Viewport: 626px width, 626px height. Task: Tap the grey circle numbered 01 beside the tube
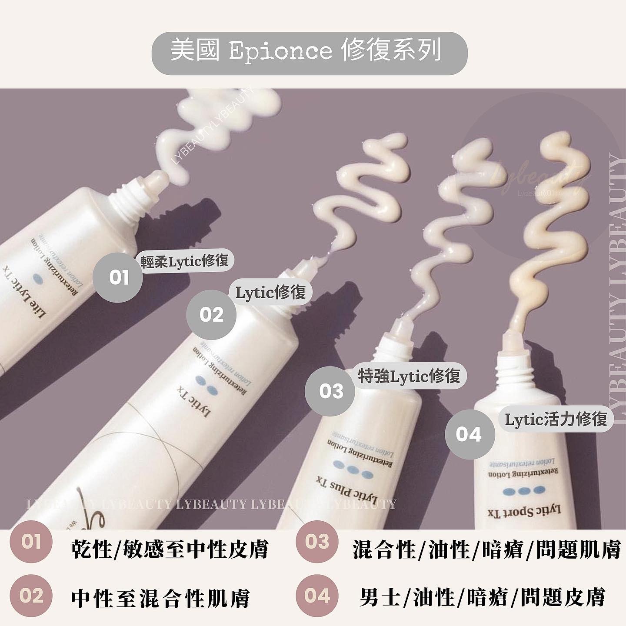pyautogui.click(x=118, y=277)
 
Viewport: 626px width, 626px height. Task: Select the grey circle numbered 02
pyautogui.click(x=211, y=315)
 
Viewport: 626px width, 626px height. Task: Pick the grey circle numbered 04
pyautogui.click(x=469, y=435)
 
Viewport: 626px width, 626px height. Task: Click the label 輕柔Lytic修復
pyautogui.click(x=185, y=261)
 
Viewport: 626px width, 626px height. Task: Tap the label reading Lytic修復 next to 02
pyautogui.click(x=270, y=293)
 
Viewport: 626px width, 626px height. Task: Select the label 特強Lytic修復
pyautogui.click(x=409, y=376)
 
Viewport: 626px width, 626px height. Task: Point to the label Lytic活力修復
pyautogui.click(x=556, y=420)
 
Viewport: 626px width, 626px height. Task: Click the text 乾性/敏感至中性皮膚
pyautogui.click(x=170, y=549)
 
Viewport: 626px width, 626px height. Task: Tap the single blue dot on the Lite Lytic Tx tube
pyautogui.click(x=40, y=277)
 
